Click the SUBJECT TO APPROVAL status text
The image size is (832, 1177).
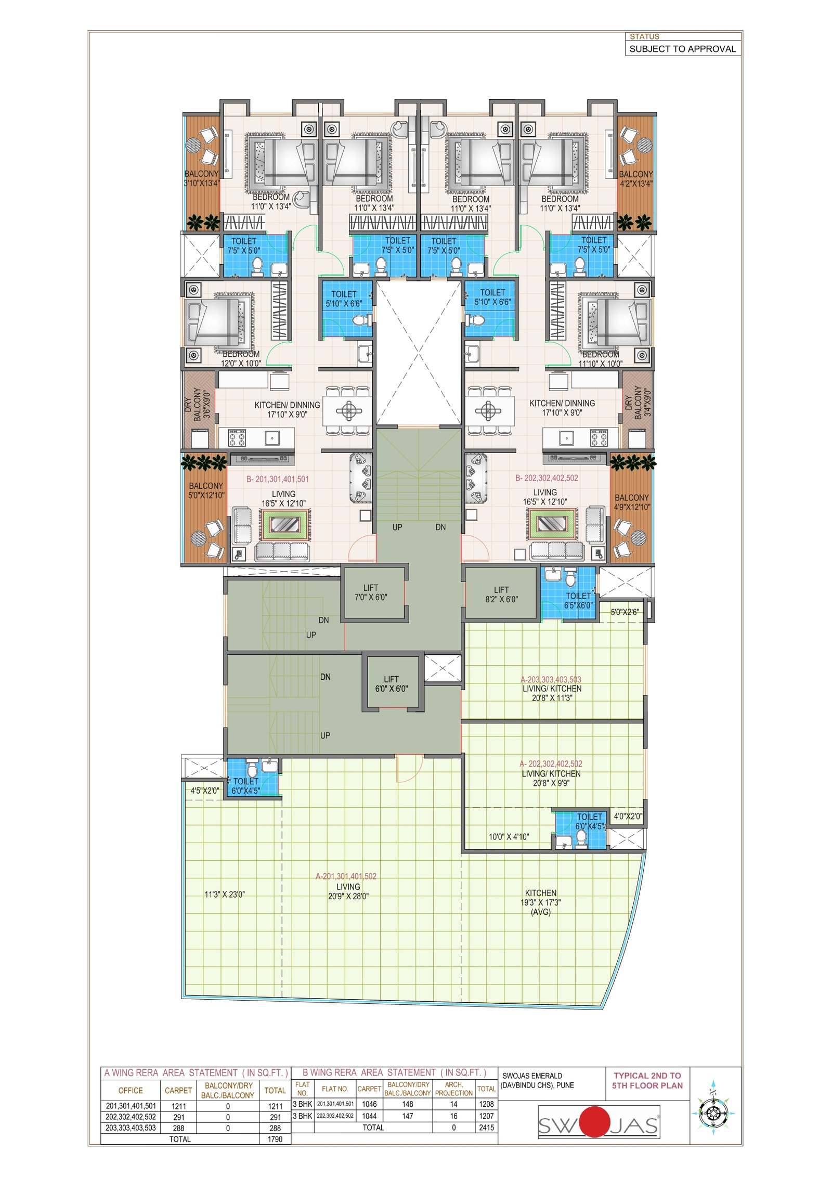point(682,49)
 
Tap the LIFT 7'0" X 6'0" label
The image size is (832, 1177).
point(371,592)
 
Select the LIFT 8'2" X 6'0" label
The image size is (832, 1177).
point(501,594)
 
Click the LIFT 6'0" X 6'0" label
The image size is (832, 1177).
point(391,684)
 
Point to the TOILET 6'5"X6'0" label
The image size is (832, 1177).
point(578,601)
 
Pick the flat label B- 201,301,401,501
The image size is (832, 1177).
point(277,479)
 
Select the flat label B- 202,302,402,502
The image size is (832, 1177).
point(547,478)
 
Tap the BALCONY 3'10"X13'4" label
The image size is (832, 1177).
point(201,178)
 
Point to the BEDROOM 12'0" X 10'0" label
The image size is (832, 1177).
point(241,359)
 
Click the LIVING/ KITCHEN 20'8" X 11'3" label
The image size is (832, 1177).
point(551,689)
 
